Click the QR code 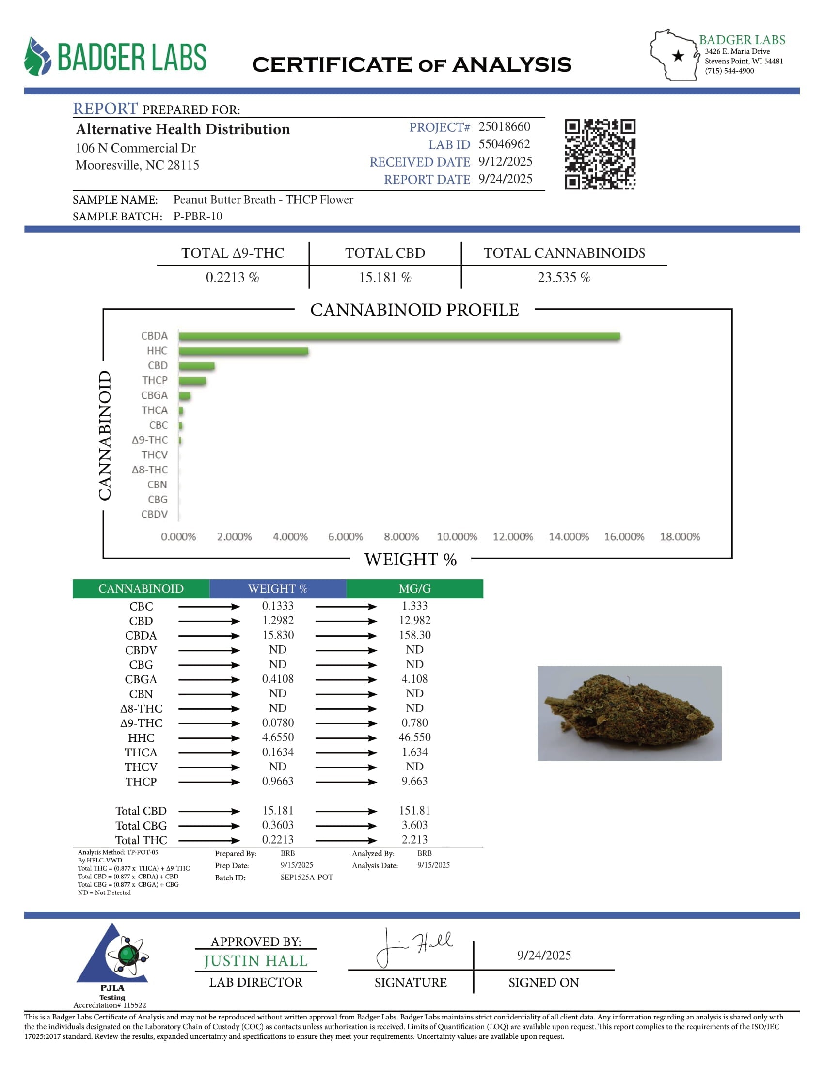pos(600,154)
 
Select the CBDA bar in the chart pos(399,336)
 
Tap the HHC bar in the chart pos(243,351)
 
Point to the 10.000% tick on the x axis pos(457,537)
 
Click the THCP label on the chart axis pos(155,381)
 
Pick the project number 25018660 pos(504,127)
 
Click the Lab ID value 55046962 pos(504,144)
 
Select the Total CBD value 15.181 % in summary pos(385,278)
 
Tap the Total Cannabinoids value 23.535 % pos(564,278)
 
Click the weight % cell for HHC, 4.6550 pos(278,737)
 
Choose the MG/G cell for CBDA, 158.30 pos(414,635)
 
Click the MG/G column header pos(414,589)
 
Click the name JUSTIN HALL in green pos(255,961)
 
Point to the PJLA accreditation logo pos(112,956)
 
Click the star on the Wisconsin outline pos(678,56)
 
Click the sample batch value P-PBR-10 pos(198,216)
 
